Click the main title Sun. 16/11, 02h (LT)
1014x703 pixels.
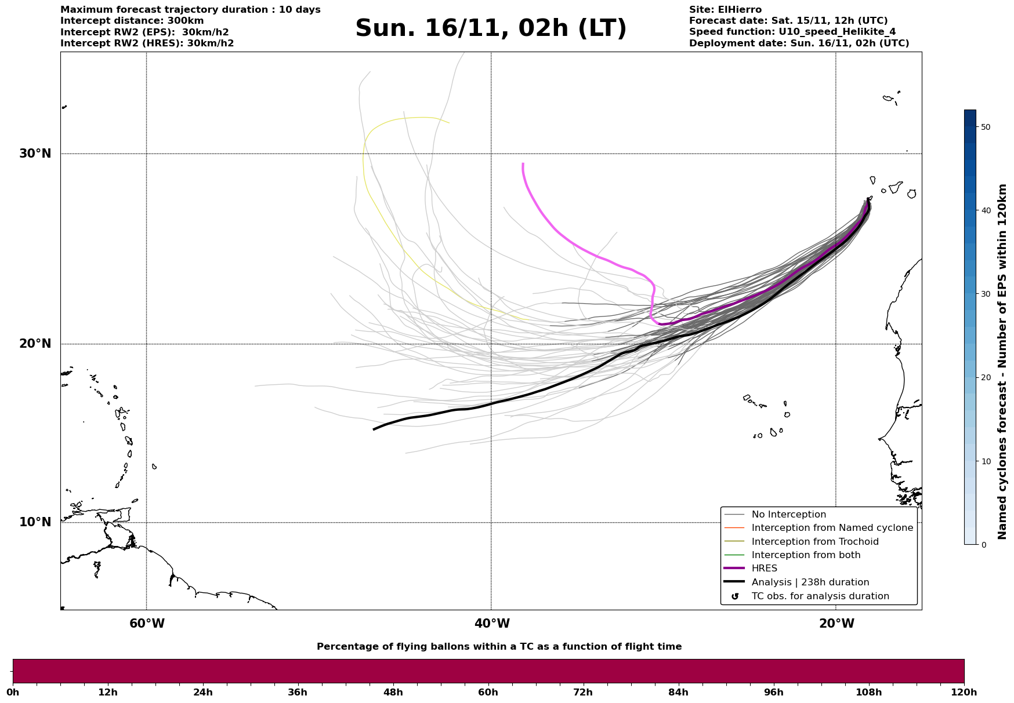(491, 28)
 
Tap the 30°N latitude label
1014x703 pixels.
(35, 154)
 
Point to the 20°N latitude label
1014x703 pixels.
(35, 344)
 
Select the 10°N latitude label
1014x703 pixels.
(35, 522)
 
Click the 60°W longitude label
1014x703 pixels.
(147, 624)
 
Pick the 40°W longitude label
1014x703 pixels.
(492, 624)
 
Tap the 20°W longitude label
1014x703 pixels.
(836, 624)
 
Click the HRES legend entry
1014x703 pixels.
(764, 569)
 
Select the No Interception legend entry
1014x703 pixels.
(788, 515)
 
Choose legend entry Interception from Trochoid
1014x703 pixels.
(814, 542)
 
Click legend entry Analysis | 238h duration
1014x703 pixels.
(810, 582)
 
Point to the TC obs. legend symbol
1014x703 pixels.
(735, 596)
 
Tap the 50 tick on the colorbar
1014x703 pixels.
(985, 127)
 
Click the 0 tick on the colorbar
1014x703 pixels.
(983, 545)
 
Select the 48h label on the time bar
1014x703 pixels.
(393, 692)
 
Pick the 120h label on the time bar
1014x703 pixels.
(964, 692)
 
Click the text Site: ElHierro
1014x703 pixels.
(725, 10)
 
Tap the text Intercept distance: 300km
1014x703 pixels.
(132, 21)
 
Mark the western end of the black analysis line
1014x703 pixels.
(374, 429)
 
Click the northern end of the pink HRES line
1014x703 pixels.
(523, 164)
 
